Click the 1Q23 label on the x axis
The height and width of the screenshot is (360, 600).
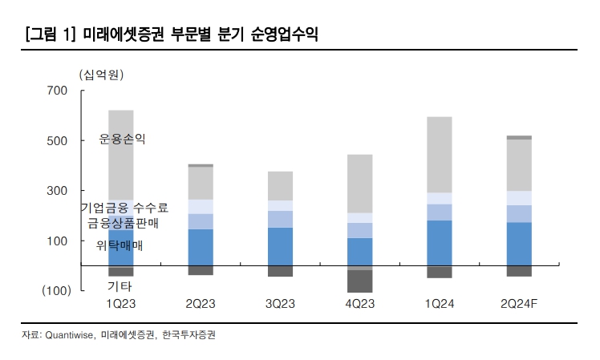pos(120,305)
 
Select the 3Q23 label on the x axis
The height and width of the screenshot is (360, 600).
pos(280,305)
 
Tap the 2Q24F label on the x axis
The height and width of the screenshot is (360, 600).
pos(519,305)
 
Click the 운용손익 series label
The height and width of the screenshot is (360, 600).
pos(122,139)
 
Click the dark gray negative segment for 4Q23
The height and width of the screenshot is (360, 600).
pos(359,281)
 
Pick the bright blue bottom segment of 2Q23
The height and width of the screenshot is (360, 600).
pos(201,247)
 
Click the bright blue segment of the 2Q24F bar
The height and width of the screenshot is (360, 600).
pos(519,244)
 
